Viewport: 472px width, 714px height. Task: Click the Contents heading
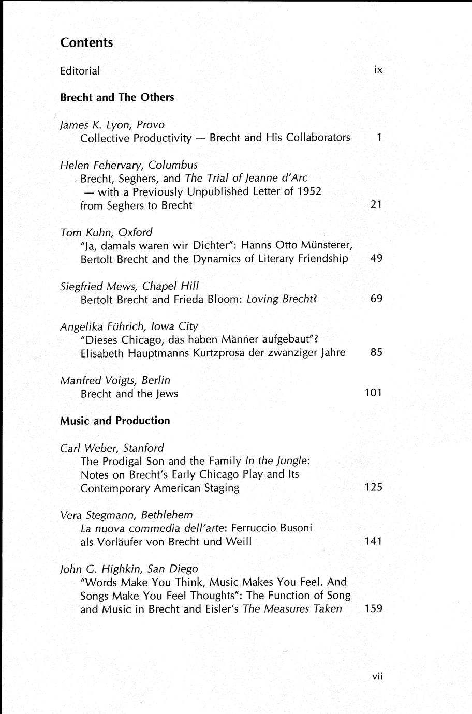pyautogui.click(x=86, y=43)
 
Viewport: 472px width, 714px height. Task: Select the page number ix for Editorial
pyautogui.click(x=378, y=70)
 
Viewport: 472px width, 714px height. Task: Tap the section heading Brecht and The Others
pyautogui.click(x=117, y=97)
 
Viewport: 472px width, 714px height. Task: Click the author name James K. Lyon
pyautogui.click(x=95, y=125)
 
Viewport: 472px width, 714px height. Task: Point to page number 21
pyautogui.click(x=376, y=204)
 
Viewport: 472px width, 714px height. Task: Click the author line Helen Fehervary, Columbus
pyautogui.click(x=129, y=165)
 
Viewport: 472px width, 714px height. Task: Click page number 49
pyautogui.click(x=376, y=258)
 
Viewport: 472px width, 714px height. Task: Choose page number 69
pyautogui.click(x=376, y=299)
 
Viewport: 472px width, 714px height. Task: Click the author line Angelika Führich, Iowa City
pyautogui.click(x=129, y=326)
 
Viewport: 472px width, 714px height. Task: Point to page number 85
pyautogui.click(x=376, y=352)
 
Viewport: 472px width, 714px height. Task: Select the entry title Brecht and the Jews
pyautogui.click(x=129, y=394)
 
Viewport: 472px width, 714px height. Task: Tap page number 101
pyautogui.click(x=373, y=393)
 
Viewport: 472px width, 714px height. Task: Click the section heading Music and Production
pyautogui.click(x=115, y=421)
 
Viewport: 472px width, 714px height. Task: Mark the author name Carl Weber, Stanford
pyautogui.click(x=112, y=448)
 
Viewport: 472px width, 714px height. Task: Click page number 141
pyautogui.click(x=373, y=541)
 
